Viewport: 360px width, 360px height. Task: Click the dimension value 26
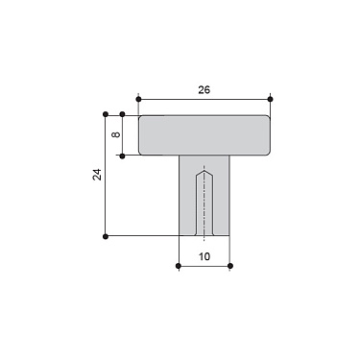(x=204, y=89)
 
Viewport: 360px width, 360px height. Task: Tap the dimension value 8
(x=115, y=135)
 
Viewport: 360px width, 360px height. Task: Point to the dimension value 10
(x=204, y=256)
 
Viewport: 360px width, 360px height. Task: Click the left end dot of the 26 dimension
(x=139, y=98)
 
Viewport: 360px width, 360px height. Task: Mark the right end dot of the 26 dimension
(x=271, y=98)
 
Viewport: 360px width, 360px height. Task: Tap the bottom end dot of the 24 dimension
(x=105, y=235)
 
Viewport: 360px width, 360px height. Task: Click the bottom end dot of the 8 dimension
(x=122, y=155)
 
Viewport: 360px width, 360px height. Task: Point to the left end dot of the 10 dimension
(x=180, y=265)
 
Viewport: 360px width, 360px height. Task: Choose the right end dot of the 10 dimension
(x=230, y=265)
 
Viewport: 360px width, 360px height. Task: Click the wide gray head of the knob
(x=204, y=135)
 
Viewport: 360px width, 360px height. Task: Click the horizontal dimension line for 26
(x=173, y=98)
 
